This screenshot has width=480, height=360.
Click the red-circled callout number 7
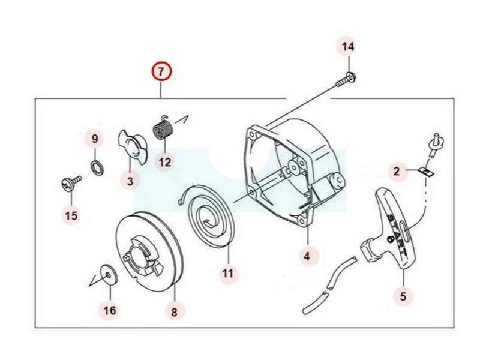161,72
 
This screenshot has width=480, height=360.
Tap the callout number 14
348,46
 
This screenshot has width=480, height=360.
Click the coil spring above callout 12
163,130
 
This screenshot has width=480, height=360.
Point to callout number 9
94,139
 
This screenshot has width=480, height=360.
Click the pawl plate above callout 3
133,146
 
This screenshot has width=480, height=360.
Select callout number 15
71,215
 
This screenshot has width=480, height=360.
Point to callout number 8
174,311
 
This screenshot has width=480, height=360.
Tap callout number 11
227,273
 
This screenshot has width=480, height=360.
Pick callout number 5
403,295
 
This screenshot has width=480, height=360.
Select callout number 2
396,172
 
